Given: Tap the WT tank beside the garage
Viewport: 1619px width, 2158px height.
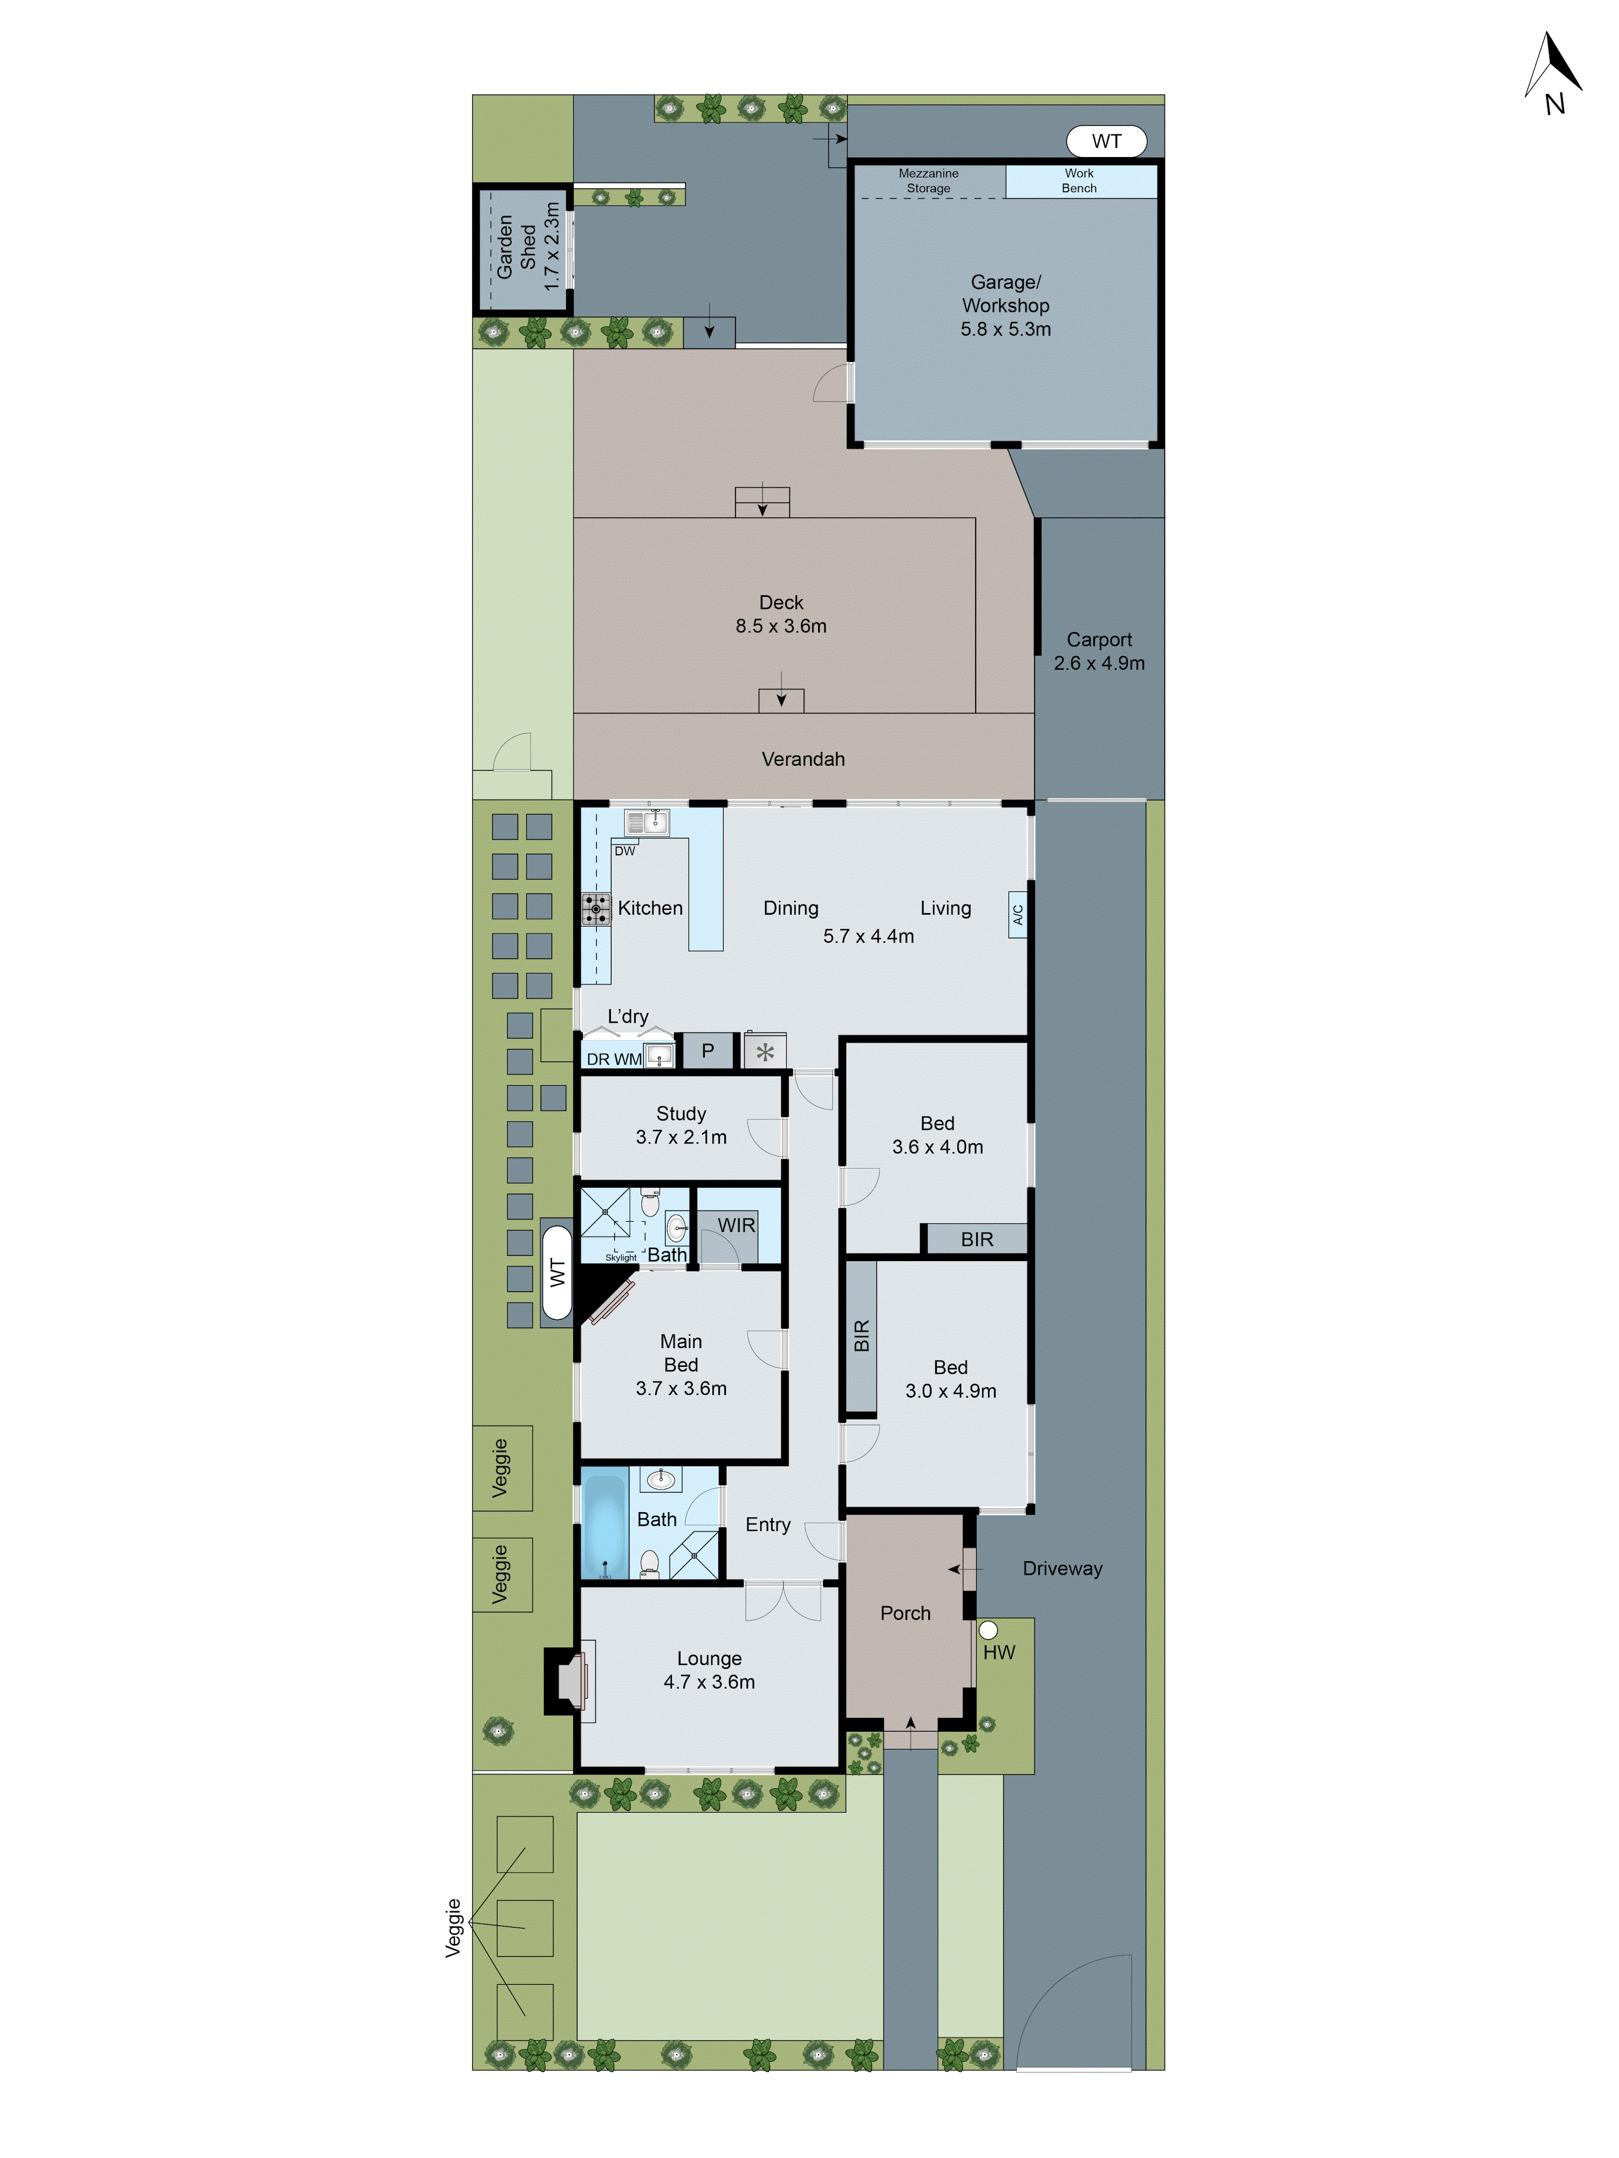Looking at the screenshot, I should tap(1106, 141).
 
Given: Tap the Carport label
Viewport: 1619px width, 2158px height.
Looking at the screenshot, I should tap(1099, 651).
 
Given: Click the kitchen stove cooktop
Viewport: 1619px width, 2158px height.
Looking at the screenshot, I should tap(595, 908).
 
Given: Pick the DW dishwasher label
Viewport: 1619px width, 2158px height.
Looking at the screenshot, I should tap(624, 850).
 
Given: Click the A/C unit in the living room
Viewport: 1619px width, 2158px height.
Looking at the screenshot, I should tap(1017, 914).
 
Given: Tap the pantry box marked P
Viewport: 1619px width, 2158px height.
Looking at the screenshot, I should tap(708, 1051).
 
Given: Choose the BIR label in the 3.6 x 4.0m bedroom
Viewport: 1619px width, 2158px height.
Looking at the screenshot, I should tap(976, 1239).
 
